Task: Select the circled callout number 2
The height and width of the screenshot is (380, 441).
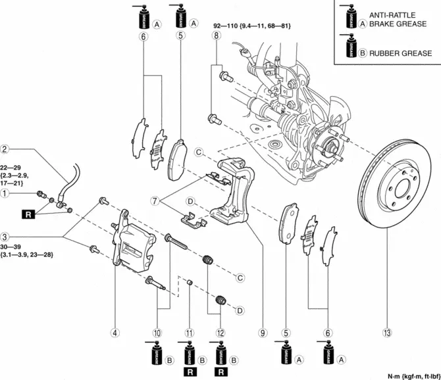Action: pos(5,149)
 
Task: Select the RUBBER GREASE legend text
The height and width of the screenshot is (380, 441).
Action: pos(401,53)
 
